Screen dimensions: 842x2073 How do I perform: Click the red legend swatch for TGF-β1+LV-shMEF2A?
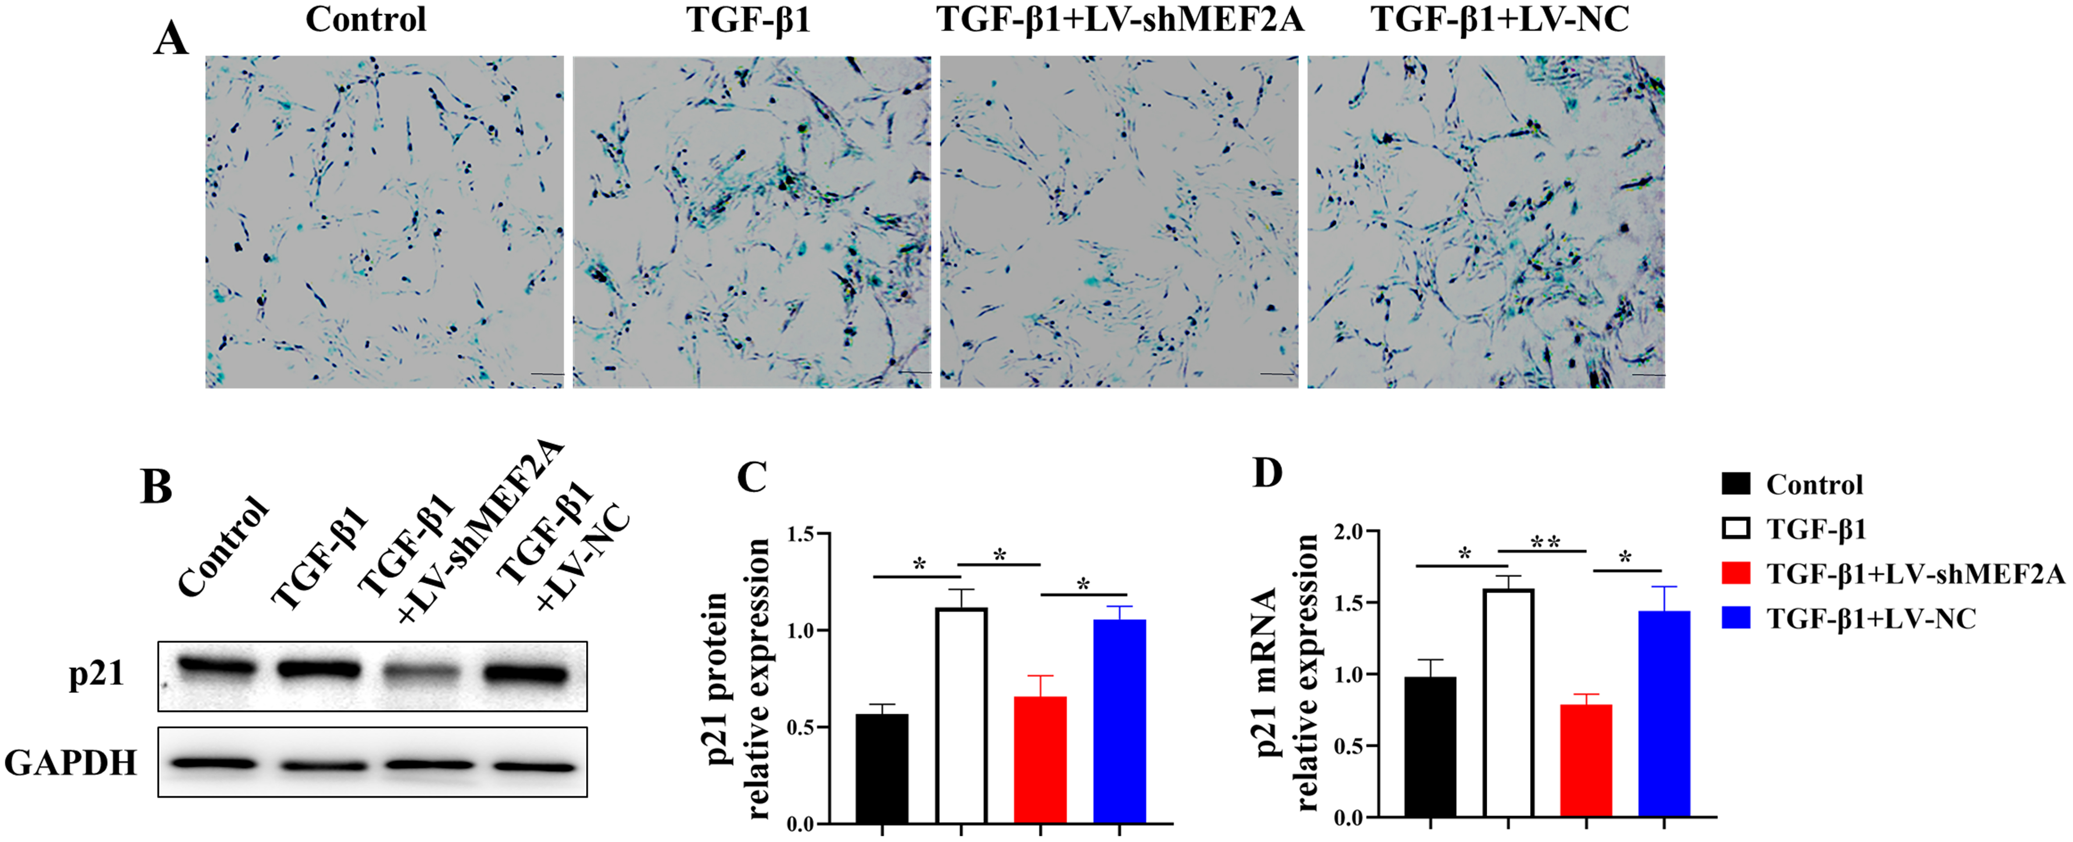pos(1736,573)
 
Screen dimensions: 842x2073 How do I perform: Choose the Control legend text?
pos(1814,485)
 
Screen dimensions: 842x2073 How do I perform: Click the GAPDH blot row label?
pos(71,762)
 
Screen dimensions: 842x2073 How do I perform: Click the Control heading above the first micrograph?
pos(366,19)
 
